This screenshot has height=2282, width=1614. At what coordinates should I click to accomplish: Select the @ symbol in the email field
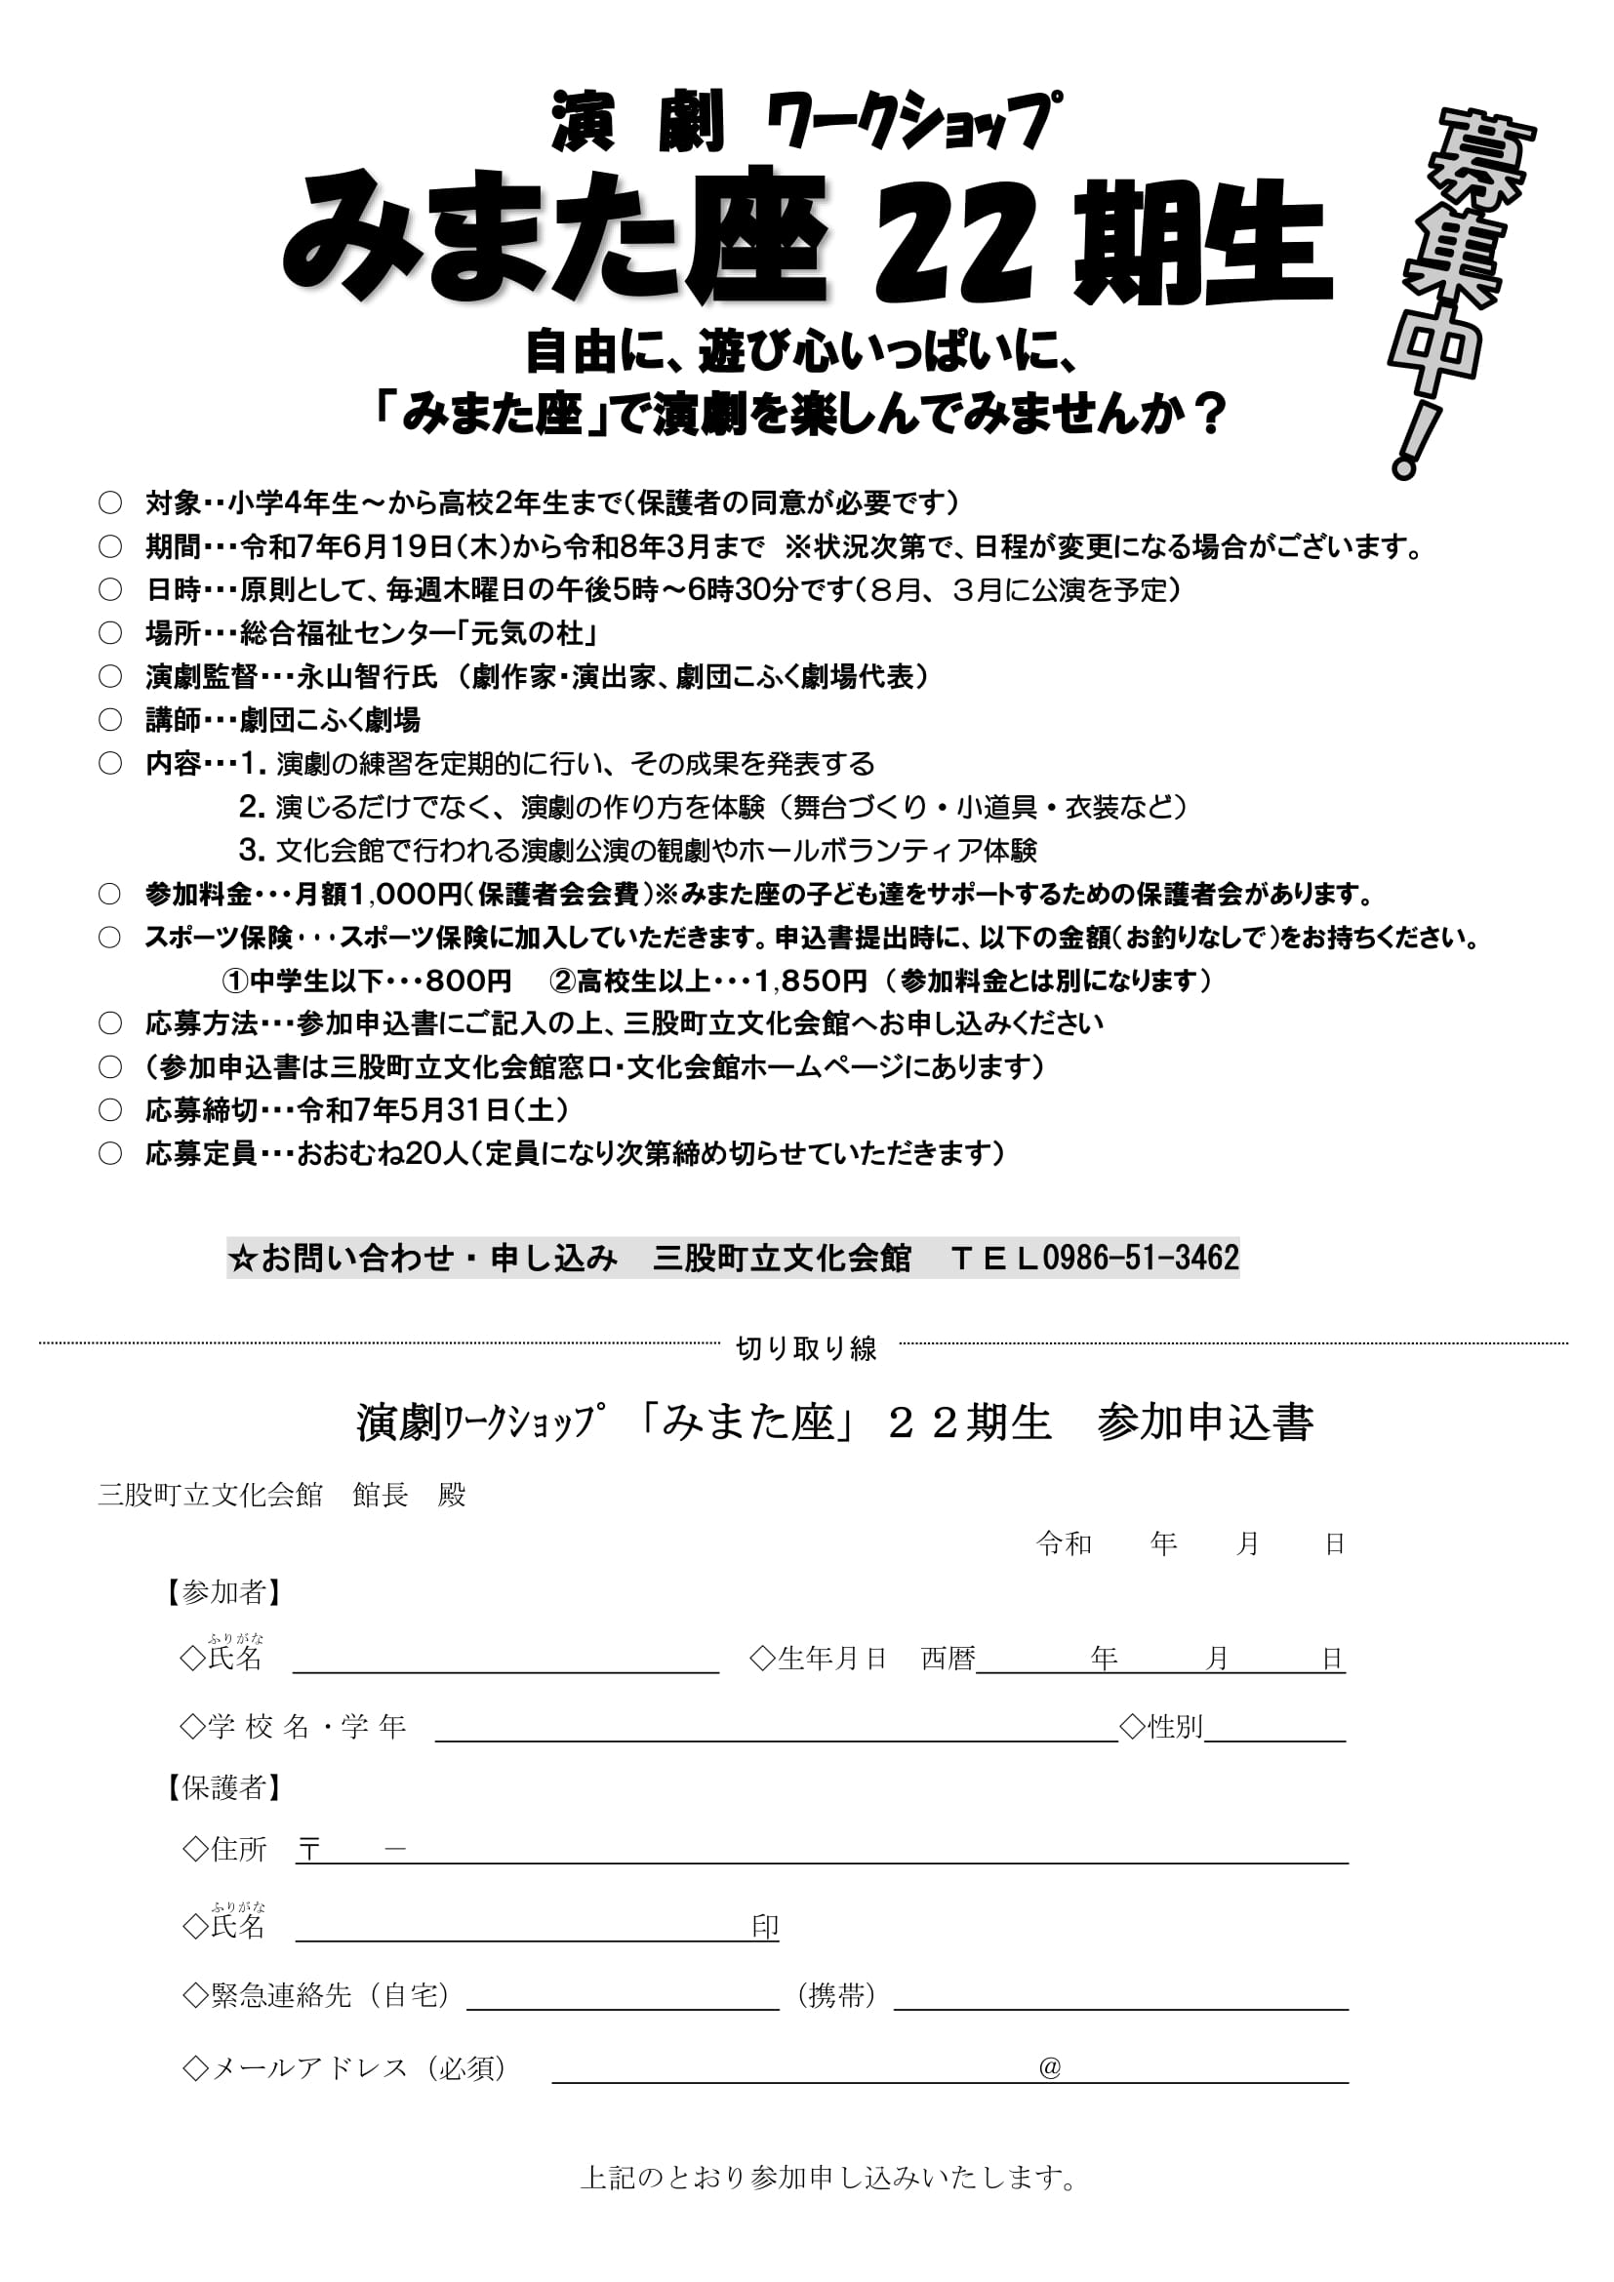(x=1050, y=2067)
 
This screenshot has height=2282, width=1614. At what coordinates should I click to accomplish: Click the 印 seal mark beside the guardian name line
(x=764, y=1927)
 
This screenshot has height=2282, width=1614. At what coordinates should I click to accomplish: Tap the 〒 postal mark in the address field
(x=309, y=1850)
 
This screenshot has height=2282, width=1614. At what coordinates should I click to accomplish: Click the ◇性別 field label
(x=1161, y=1727)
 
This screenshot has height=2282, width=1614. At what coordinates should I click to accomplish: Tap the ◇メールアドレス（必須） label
(x=345, y=2067)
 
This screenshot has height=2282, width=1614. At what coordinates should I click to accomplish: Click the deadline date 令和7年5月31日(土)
(x=432, y=1109)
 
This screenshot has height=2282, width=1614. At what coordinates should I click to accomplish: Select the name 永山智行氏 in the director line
(x=368, y=677)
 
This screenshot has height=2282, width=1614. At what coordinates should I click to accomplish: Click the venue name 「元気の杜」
(x=533, y=633)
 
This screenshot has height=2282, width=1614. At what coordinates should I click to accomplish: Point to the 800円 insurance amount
(x=468, y=981)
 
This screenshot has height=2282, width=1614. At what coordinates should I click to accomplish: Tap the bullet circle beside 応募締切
(x=110, y=1109)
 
